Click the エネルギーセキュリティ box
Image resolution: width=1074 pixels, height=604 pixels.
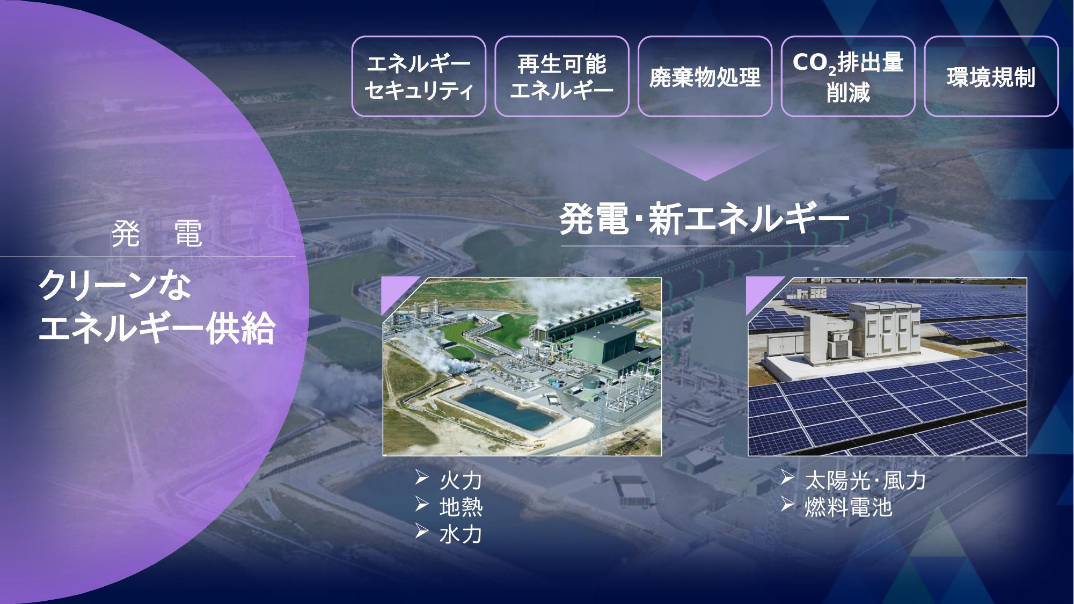(419, 76)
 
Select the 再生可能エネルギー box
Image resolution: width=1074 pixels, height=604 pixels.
(561, 76)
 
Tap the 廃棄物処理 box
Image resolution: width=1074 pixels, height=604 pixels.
(705, 76)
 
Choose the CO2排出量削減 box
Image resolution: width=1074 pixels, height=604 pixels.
(848, 76)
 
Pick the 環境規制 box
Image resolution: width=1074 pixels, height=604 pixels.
(991, 76)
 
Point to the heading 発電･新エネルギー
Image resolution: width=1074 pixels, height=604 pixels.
(704, 219)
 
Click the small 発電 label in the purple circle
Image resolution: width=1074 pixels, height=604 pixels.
(157, 234)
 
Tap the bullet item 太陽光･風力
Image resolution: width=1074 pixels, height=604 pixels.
(853, 481)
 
